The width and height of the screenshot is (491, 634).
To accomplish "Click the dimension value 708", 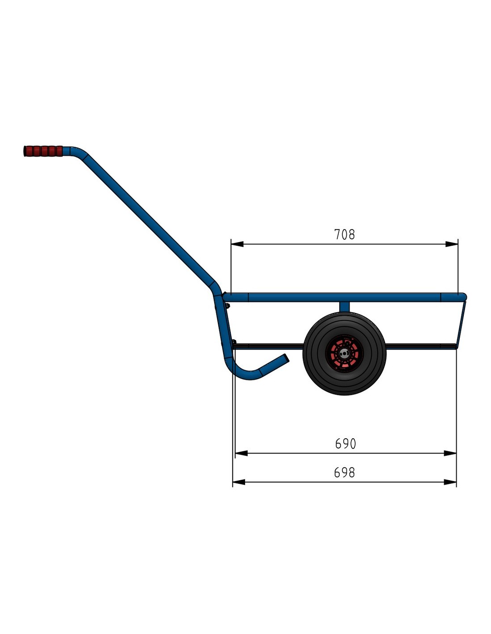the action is tap(345, 235).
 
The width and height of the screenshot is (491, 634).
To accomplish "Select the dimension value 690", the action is tap(345, 444).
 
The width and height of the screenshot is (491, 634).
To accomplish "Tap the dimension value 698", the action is tap(345, 472).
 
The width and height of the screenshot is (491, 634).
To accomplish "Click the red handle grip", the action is tap(43, 151).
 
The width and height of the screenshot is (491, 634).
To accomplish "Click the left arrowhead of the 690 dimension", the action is tap(241, 453).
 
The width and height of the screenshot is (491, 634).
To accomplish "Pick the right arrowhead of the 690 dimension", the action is tap(450, 453).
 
